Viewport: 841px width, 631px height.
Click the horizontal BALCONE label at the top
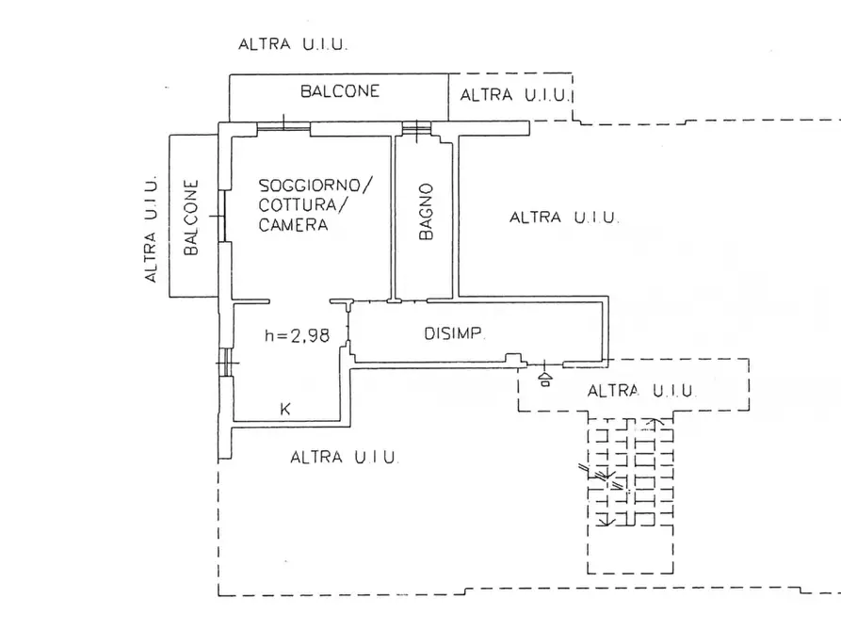pos(340,91)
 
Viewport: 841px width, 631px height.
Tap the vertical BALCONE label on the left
pos(191,218)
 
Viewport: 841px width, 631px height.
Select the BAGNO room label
pos(426,211)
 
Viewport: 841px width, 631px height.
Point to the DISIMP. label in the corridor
pos(455,333)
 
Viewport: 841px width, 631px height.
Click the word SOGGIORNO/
pos(315,186)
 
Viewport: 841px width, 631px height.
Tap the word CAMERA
pos(293,224)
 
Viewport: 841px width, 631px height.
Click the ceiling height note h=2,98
pos(298,335)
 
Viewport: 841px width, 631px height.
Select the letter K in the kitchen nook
pos(285,409)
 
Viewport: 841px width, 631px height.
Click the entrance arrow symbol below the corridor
pos(545,380)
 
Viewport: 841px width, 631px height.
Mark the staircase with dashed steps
pos(630,495)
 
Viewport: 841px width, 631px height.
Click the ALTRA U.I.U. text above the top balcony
pos(293,44)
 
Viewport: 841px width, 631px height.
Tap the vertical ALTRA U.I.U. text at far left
pos(151,229)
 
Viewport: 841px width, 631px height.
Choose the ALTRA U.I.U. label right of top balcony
pos(514,95)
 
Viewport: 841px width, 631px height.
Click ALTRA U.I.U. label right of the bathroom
pos(564,218)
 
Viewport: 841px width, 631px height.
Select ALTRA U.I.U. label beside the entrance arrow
pos(641,391)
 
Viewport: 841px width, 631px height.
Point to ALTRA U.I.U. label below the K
pos(345,457)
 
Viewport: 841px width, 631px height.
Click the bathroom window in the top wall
pos(417,128)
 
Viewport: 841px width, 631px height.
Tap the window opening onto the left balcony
pos(221,216)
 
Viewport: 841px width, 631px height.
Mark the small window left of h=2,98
pos(228,363)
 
